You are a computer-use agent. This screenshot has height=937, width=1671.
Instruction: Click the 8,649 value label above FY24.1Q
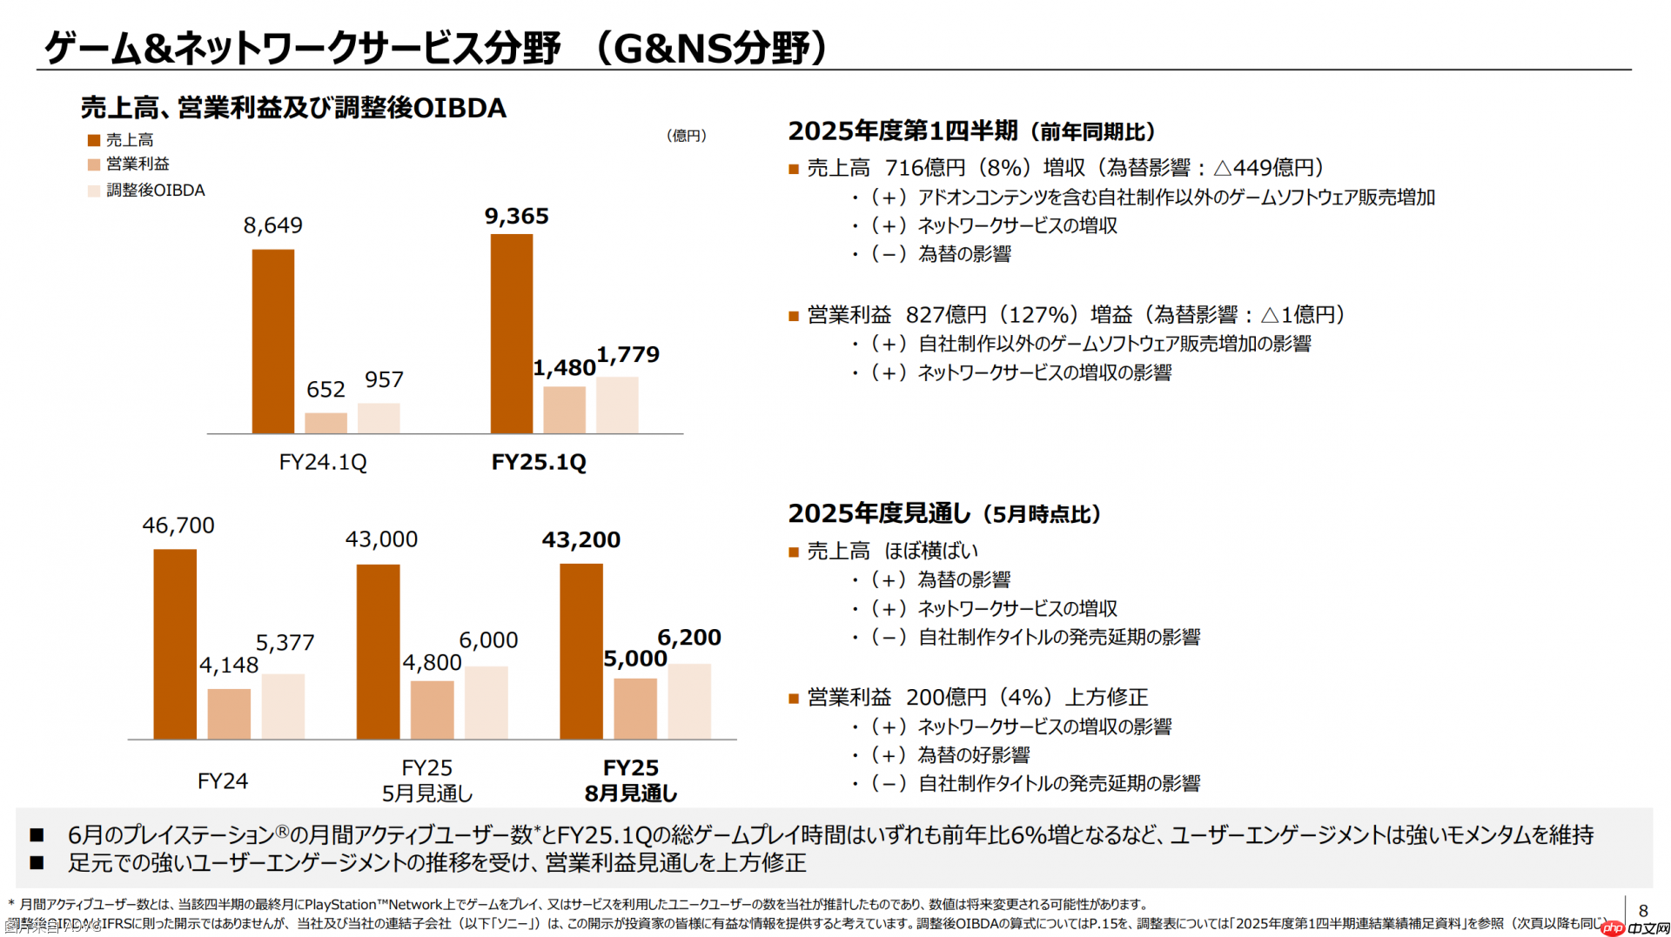click(272, 225)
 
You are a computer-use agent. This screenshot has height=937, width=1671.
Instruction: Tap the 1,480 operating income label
click(564, 368)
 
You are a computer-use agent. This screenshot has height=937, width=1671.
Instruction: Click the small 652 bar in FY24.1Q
click(325, 423)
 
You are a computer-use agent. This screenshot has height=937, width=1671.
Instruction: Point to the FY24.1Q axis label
click(322, 462)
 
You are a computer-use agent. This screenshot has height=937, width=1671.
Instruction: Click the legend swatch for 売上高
click(94, 140)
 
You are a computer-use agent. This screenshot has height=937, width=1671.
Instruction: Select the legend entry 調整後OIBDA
click(155, 191)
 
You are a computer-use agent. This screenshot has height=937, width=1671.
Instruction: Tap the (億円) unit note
click(686, 136)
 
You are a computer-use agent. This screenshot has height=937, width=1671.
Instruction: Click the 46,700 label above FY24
click(178, 525)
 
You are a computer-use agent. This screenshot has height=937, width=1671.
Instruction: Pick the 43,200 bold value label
click(580, 540)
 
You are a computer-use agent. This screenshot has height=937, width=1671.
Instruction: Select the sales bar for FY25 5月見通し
click(378, 652)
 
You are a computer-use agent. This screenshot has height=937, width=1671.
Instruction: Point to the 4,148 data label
click(229, 666)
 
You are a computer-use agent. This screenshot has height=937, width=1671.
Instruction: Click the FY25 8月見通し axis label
click(630, 780)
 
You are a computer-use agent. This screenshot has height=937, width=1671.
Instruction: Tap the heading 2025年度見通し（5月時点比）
click(944, 513)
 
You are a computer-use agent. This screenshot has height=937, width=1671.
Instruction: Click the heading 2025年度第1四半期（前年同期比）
click(971, 131)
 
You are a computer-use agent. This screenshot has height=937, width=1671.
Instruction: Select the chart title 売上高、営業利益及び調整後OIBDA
click(293, 108)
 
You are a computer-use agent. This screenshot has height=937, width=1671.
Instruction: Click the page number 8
click(1642, 910)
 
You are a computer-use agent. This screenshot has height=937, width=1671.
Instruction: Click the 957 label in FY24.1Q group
click(384, 379)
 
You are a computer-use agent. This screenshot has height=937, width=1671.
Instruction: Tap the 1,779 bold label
click(627, 355)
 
